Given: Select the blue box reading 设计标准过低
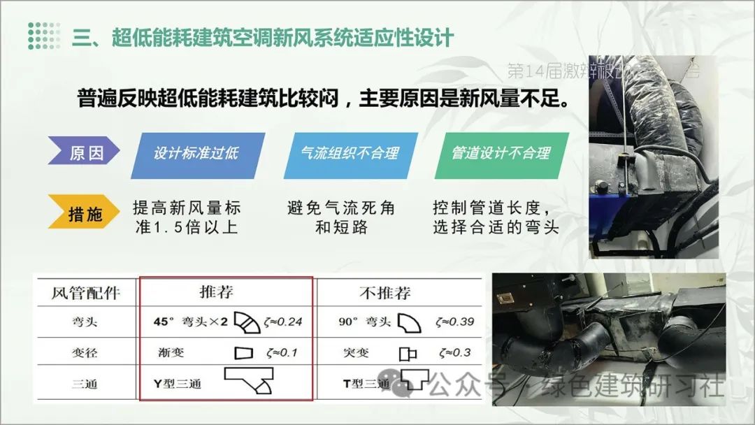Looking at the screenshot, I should [x=197, y=152].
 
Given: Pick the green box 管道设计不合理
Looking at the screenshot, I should [x=501, y=152].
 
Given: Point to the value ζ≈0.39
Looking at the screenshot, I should [x=454, y=322].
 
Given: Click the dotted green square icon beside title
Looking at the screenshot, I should [x=44, y=36].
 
